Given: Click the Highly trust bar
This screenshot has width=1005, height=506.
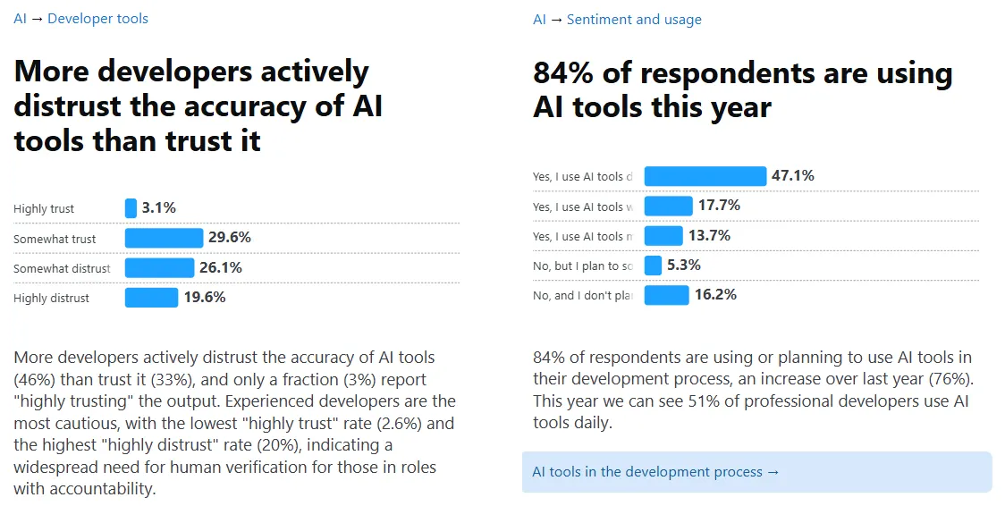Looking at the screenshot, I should (131, 208).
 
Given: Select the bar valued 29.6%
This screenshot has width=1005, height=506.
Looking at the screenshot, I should (164, 238).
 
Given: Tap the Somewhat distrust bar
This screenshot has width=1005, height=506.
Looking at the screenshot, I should (159, 267).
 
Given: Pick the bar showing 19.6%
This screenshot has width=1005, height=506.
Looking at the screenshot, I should (151, 298).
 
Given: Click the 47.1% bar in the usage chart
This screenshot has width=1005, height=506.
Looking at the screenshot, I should (705, 176).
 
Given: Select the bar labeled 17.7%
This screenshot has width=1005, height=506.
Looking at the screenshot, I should (668, 206).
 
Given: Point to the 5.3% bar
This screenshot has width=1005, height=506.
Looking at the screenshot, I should (653, 266).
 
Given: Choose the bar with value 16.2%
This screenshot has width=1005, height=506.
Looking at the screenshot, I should (666, 295).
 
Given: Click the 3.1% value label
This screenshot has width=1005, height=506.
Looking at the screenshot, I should (159, 208).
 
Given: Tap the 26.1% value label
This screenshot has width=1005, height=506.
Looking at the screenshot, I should (221, 267).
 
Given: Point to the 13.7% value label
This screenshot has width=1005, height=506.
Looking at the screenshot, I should (709, 235).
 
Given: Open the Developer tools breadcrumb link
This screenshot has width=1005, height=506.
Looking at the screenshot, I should (97, 18).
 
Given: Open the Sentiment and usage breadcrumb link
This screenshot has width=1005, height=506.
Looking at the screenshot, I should (634, 19).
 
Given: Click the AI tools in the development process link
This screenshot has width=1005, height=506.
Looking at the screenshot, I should (655, 472).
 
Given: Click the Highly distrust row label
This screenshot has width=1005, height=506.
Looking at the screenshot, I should (51, 299).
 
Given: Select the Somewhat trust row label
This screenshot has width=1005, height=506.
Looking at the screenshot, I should (55, 239).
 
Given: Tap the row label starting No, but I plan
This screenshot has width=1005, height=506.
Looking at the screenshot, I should (582, 266).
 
